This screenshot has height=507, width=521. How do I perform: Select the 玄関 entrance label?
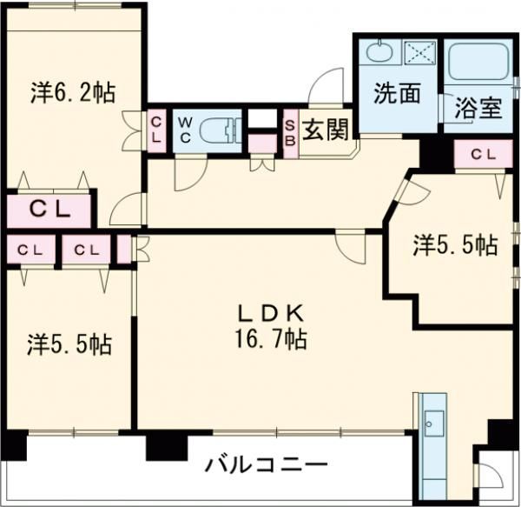pos(326,131)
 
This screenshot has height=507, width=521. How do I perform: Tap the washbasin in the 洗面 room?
pos(379,50)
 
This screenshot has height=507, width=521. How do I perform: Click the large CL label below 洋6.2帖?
pos(49,209)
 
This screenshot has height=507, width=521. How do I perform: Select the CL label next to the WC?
pos(156,130)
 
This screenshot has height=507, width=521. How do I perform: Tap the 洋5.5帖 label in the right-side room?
pos(454,246)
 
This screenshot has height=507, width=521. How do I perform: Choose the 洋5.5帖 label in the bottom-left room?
pos(69,344)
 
